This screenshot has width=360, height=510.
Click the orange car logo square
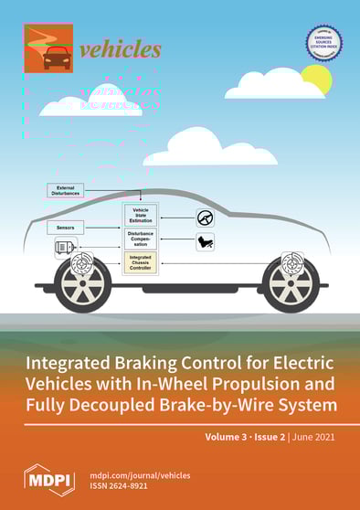tap(48, 48)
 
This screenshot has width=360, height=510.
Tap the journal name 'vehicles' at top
tap(120, 50)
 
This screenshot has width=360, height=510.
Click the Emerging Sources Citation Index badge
tap(323, 45)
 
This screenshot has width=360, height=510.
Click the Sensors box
tap(65, 226)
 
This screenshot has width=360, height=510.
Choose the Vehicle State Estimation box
tap(141, 216)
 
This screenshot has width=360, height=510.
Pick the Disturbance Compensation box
tap(141, 239)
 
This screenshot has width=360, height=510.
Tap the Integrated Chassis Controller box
tap(141, 263)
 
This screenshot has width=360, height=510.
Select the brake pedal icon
tap(206, 242)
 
